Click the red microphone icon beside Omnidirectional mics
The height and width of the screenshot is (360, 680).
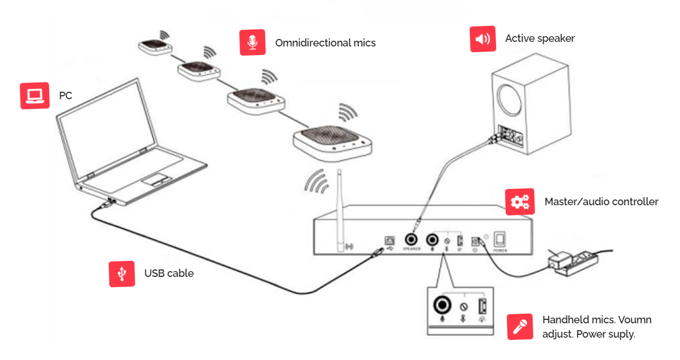pos(252,42)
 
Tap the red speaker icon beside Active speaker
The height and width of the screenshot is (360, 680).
pos(483,39)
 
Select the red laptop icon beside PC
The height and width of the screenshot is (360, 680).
pos(33,95)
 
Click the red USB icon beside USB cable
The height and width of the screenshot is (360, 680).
pos(122,274)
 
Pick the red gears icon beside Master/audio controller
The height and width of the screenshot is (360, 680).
pos(520,202)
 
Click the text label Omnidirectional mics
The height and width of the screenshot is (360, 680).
pos(325,43)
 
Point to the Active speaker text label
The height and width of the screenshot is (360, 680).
pos(540,38)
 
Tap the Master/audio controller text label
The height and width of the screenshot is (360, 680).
pos(601,202)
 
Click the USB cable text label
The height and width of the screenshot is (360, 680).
pos(169,273)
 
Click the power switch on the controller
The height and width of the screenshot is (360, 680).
pos(500,239)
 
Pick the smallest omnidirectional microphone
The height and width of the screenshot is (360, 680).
pos(155,46)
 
